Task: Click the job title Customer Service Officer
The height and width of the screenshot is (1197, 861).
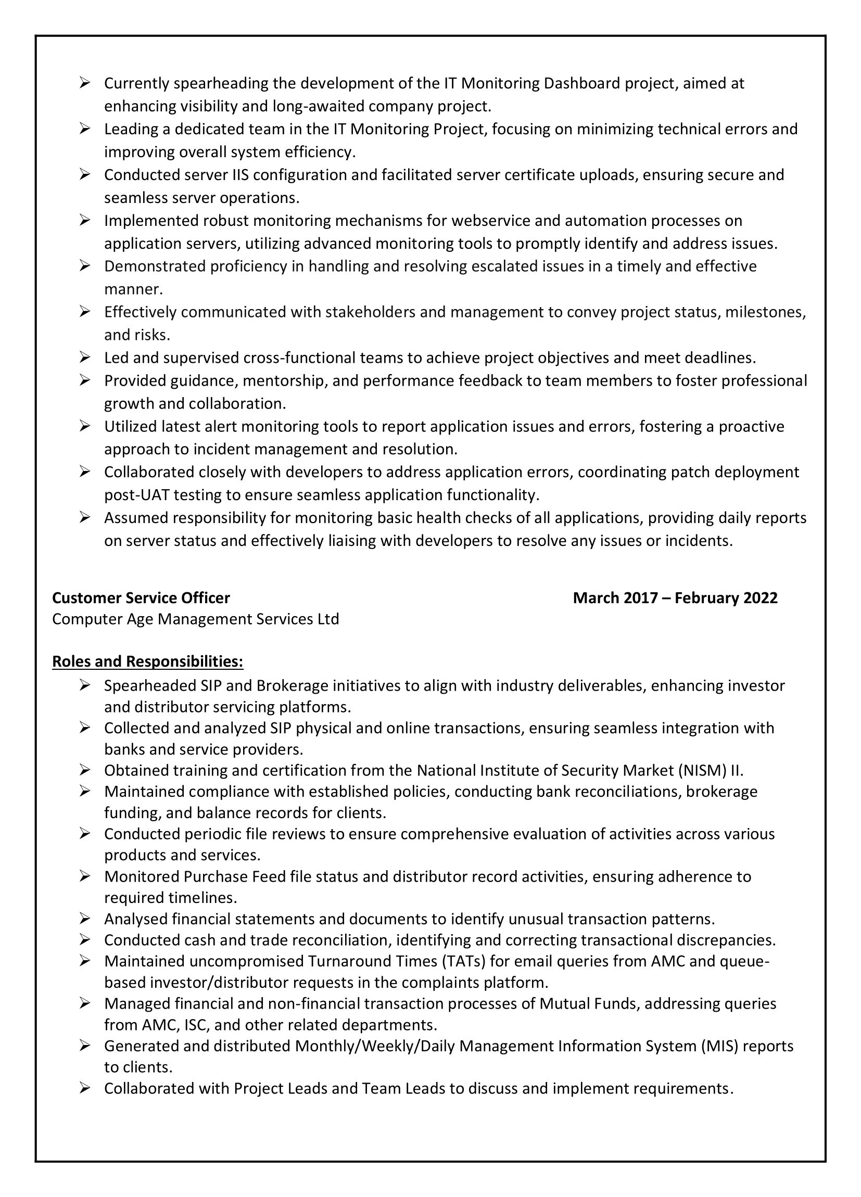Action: point(141,597)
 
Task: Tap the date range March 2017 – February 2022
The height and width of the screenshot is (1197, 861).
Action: point(675,597)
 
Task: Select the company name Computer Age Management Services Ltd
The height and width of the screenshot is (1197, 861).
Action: point(195,619)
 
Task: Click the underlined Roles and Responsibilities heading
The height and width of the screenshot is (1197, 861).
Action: point(147,661)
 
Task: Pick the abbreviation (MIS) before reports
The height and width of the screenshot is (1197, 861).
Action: point(719,1046)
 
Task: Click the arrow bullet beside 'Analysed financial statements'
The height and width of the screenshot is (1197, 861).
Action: point(85,919)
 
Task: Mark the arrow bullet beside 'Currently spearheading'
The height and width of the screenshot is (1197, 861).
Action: point(85,83)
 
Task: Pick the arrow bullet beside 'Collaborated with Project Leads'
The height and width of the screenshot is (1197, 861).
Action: point(85,1088)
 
